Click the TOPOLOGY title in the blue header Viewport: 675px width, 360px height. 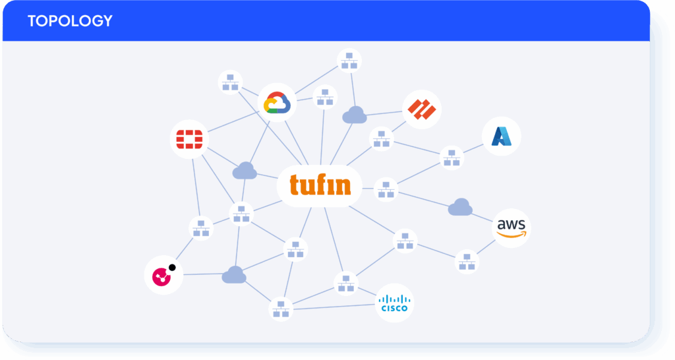70,20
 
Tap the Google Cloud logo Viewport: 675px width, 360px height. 277,102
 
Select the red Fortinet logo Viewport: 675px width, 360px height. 190,139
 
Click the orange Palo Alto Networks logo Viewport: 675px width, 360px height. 422,109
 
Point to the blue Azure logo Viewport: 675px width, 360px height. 502,137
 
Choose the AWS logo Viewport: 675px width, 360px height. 512,228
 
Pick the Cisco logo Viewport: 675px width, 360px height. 394,303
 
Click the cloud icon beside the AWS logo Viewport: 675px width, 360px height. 460,208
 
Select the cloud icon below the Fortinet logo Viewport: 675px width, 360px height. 245,171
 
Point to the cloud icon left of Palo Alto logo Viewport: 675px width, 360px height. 354,115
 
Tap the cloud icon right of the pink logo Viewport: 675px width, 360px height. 234,275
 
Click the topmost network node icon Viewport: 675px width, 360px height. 349,61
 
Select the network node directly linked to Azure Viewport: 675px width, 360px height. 452,158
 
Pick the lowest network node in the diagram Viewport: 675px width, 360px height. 281,309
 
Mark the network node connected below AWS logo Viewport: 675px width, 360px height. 467,261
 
